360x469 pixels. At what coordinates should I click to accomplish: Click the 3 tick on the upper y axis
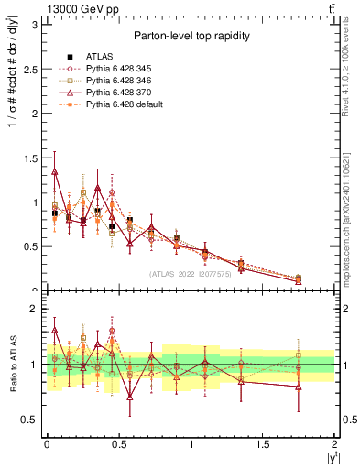(36, 24)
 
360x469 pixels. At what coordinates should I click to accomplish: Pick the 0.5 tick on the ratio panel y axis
(32, 420)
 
